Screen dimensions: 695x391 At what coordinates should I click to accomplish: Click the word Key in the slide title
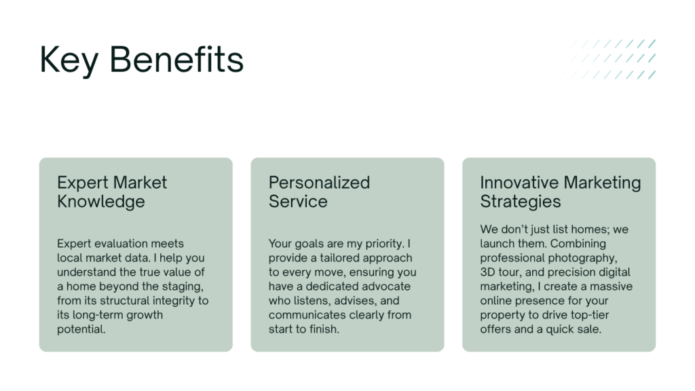point(69,60)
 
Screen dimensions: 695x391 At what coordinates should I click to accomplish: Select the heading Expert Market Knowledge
point(112,192)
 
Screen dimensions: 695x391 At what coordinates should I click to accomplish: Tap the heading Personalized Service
point(319,192)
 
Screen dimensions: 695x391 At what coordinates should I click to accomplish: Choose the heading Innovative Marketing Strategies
point(560,192)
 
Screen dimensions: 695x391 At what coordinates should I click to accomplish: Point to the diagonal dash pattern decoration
point(607,60)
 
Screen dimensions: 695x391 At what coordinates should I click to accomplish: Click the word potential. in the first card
point(81,329)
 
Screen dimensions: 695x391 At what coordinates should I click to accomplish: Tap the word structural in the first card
point(125,301)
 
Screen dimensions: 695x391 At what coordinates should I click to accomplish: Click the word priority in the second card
point(385,244)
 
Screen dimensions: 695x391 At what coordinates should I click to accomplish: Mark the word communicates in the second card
point(304,315)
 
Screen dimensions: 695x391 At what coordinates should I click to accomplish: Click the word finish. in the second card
point(325,329)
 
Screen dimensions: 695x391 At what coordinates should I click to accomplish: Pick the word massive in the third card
point(612,286)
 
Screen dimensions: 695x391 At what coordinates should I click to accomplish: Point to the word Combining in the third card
point(578,244)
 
